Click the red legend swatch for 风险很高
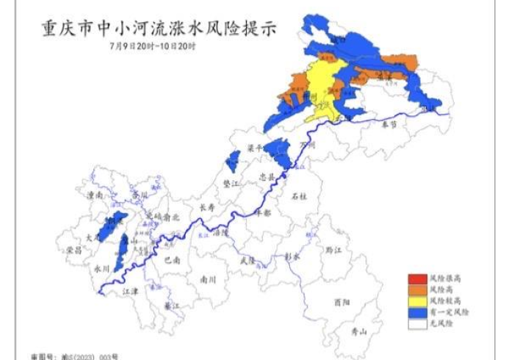coord(418,280)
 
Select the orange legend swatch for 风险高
coord(418,290)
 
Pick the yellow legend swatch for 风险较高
coord(418,301)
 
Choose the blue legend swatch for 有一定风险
coord(418,312)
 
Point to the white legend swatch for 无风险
coord(418,322)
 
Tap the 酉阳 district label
coord(341,301)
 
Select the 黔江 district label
coord(334,250)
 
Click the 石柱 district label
coord(299,197)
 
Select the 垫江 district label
coord(231,183)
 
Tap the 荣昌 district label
coord(74,250)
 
